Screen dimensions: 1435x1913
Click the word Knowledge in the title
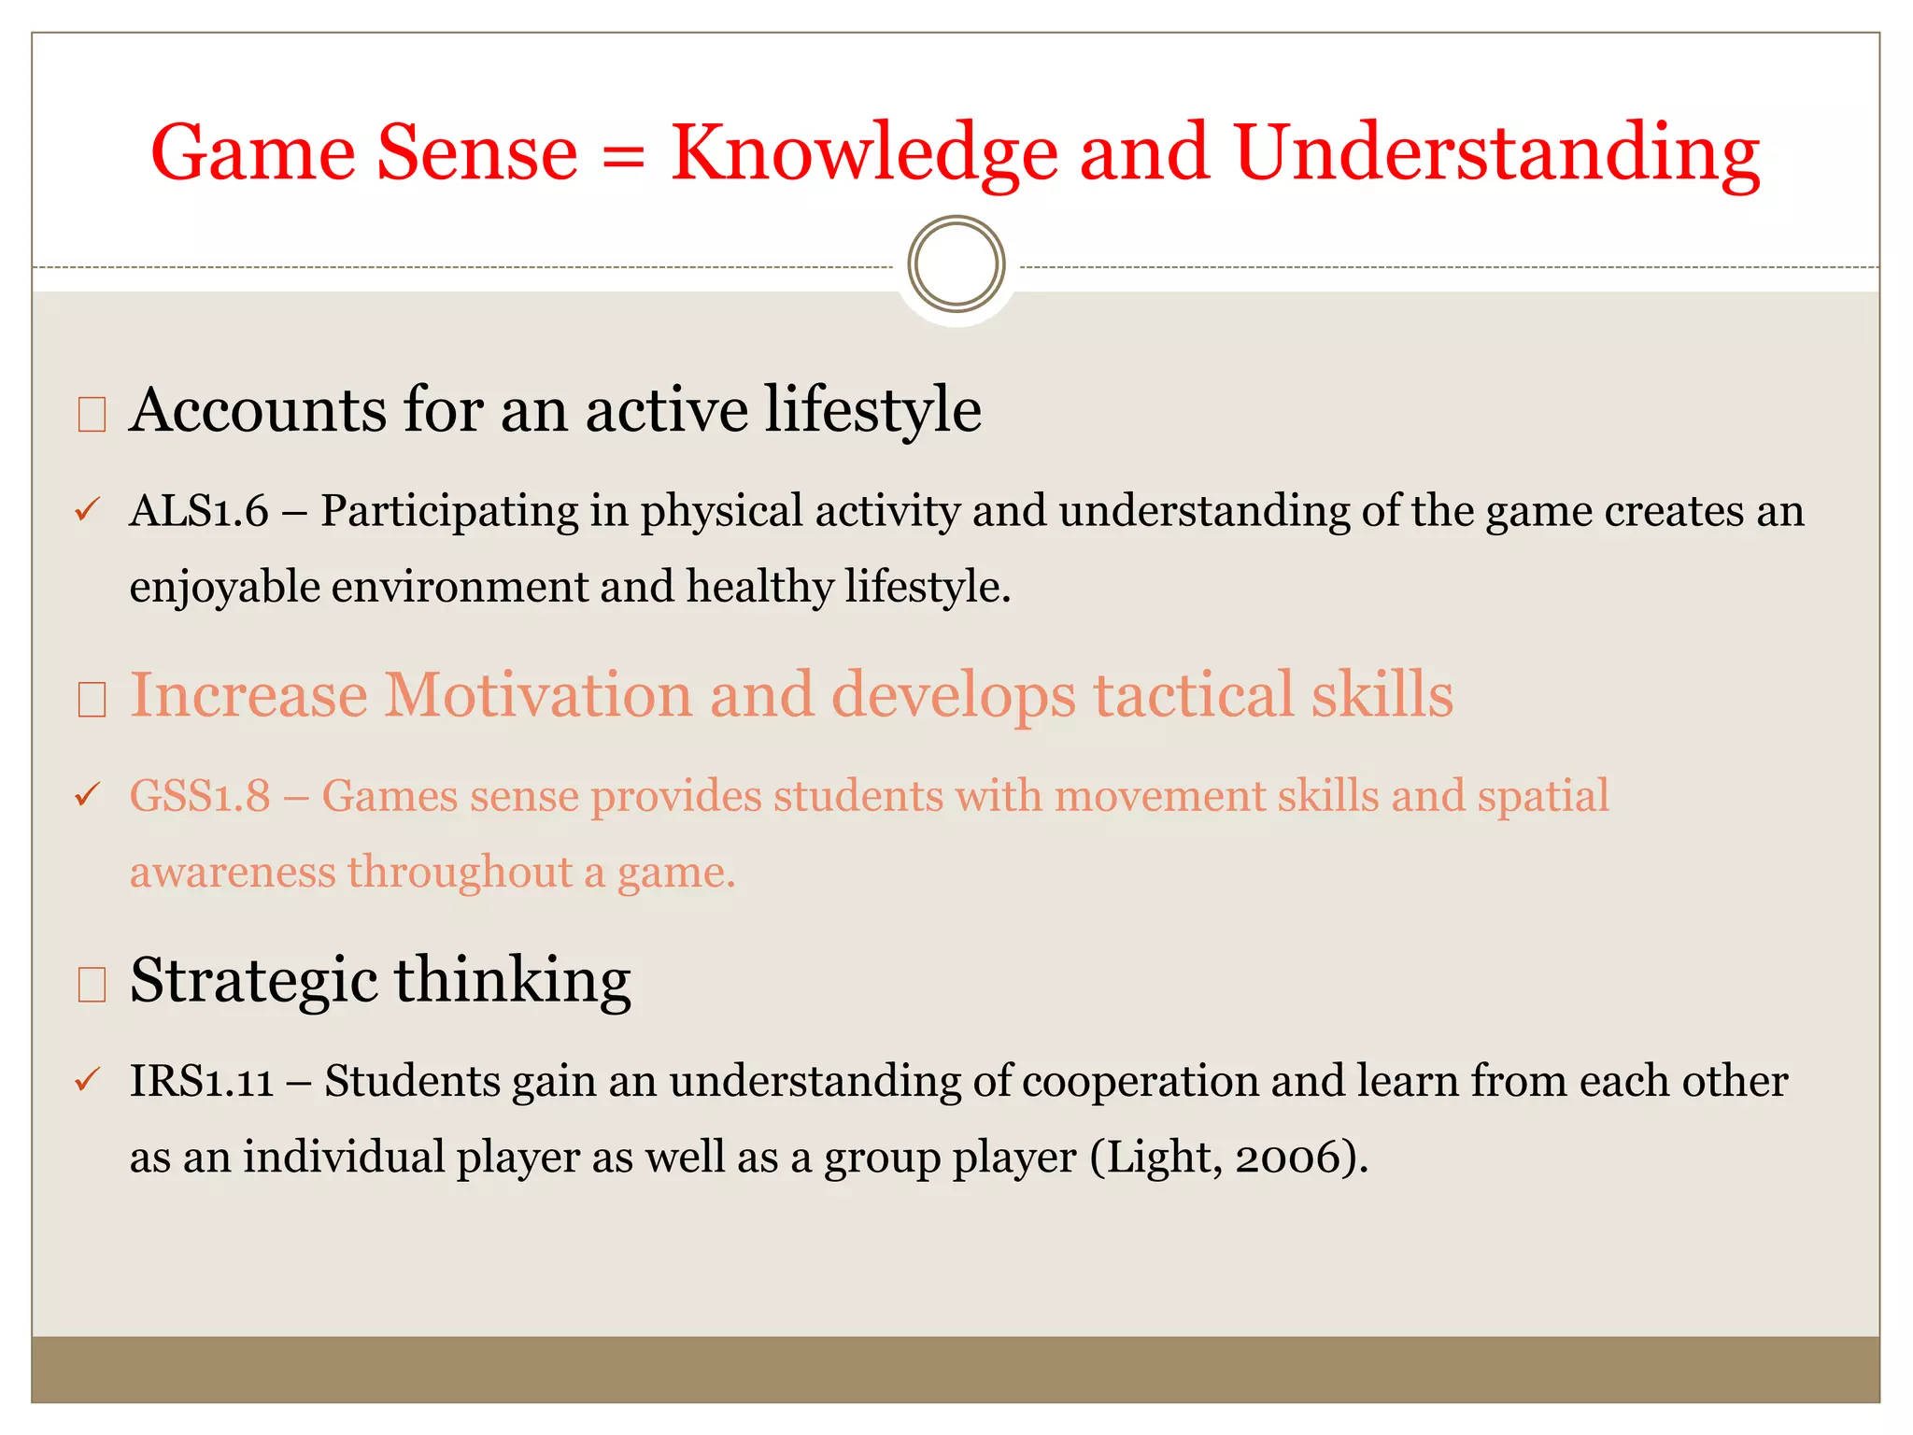tap(864, 154)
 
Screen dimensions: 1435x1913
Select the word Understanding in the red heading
tap(1496, 154)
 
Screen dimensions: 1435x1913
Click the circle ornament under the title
tap(956, 264)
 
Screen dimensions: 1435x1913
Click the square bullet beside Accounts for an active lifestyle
tap(92, 414)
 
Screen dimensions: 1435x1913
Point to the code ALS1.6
tap(199, 511)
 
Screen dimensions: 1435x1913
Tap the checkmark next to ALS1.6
tap(87, 510)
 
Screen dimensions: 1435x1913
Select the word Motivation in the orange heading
tap(538, 695)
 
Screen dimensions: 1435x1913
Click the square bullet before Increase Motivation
tap(92, 699)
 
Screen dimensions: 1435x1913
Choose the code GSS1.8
tap(200, 796)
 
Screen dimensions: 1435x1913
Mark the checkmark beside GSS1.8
tap(87, 795)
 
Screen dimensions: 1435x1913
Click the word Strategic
tap(253, 982)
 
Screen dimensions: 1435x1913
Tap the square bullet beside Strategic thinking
tap(92, 985)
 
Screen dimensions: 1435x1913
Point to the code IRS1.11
tap(202, 1081)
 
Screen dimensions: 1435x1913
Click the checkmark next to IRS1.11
tap(87, 1081)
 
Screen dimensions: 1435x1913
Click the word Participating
tap(449, 511)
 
